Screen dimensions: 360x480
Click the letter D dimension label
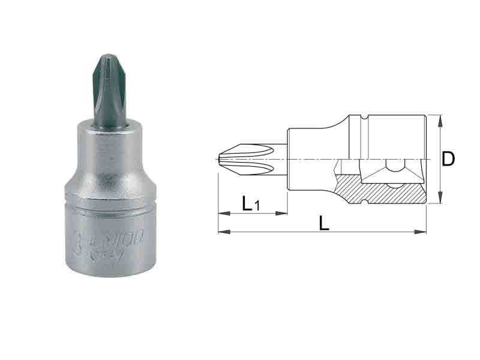[448, 159]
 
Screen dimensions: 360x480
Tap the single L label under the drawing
[324, 223]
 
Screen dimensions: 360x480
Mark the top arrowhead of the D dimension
[442, 118]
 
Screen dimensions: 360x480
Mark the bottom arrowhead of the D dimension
[442, 200]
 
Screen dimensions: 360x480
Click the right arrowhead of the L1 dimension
[284, 213]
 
